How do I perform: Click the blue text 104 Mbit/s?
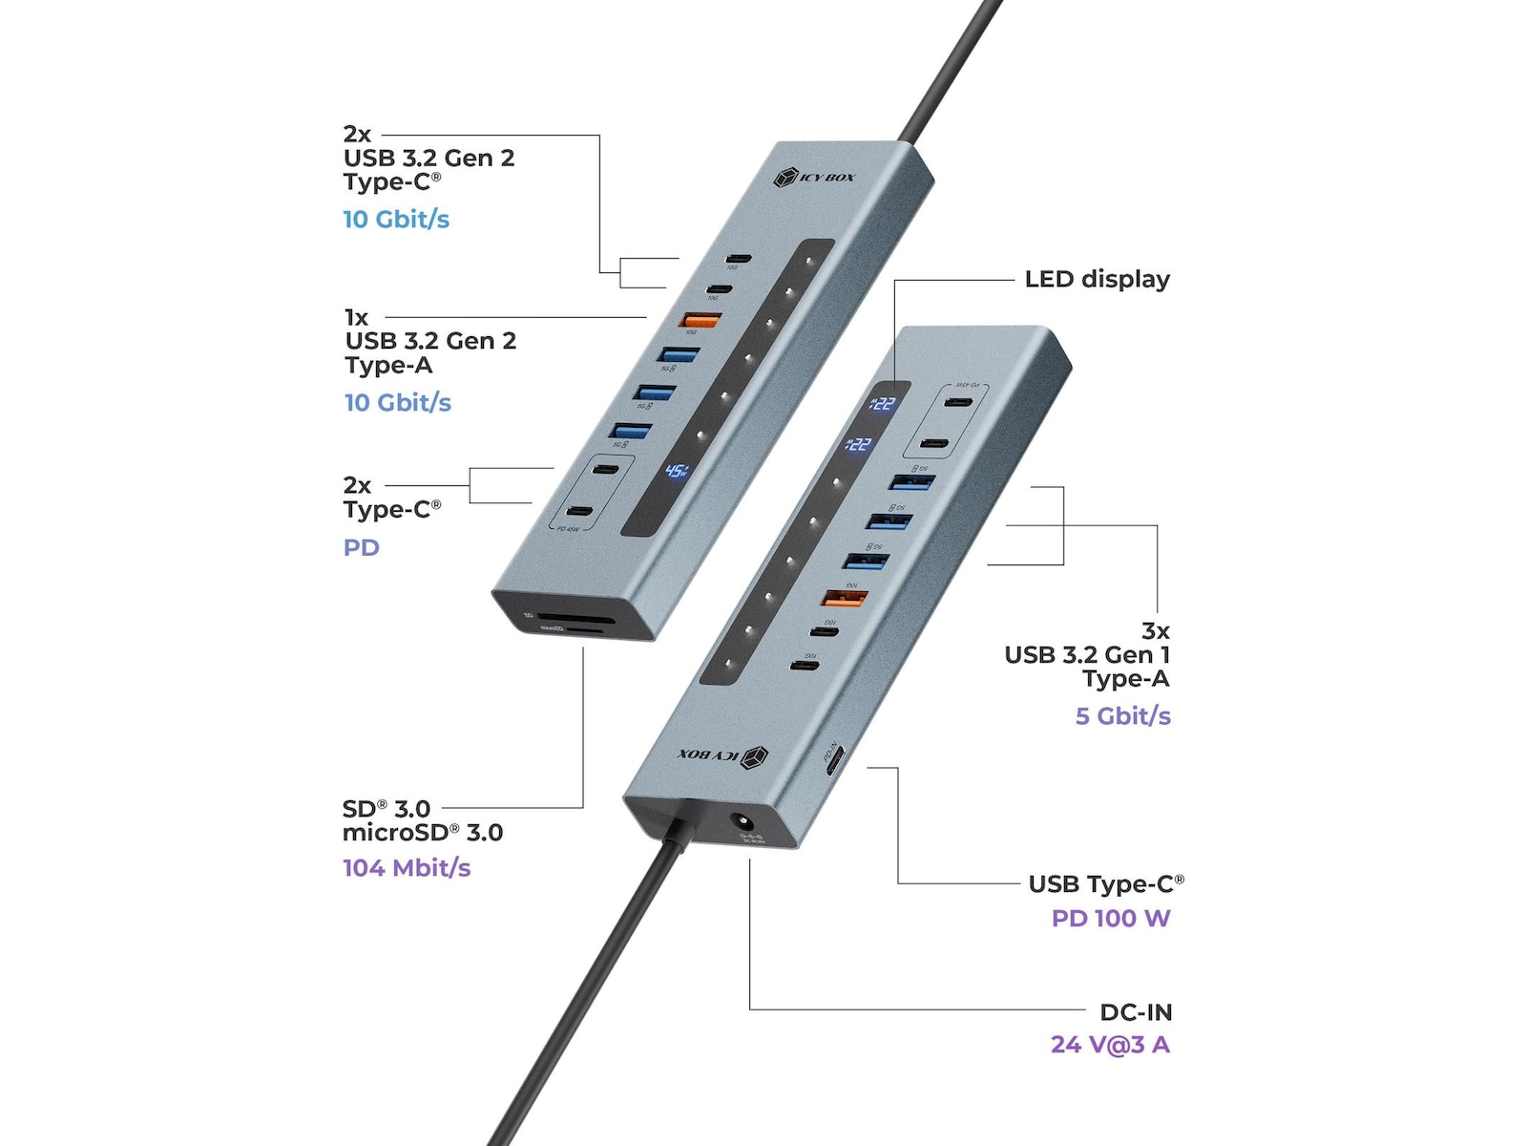coord(407,867)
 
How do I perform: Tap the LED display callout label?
coord(1097,279)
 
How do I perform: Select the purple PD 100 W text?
coord(1110,918)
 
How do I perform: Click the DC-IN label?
coord(1135,1011)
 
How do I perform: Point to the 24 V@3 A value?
coord(1110,1044)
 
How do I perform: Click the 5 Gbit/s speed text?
coord(1122,715)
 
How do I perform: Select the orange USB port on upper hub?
coord(701,321)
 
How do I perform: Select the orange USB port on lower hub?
coord(845,599)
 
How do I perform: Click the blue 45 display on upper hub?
coord(677,470)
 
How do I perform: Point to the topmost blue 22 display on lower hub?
coord(883,403)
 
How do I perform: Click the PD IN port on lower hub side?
coord(832,763)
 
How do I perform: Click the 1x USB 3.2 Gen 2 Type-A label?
coord(429,341)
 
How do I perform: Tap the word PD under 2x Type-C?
coord(361,547)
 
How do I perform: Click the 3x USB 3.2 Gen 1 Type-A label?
coord(1087,655)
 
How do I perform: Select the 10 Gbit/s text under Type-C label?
coord(396,219)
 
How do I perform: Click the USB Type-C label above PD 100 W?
coord(1105,883)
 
